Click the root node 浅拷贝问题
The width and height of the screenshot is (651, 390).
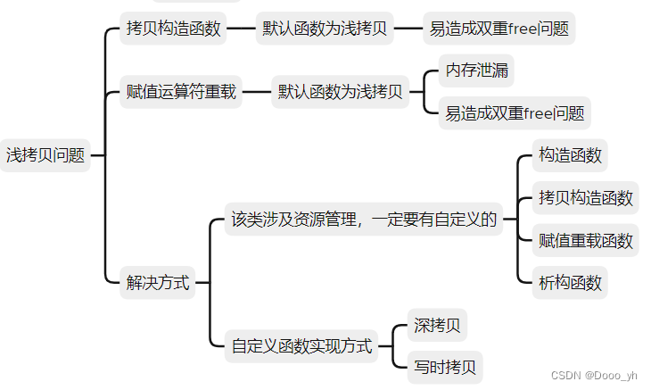[45, 155]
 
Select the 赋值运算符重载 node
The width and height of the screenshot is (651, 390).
[182, 92]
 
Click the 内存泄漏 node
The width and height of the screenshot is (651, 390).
[477, 71]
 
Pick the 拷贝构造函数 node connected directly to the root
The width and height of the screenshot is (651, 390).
[173, 29]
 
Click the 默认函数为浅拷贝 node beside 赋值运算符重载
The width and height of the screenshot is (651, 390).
[340, 92]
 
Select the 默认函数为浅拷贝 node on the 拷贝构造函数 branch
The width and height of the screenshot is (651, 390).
[325, 29]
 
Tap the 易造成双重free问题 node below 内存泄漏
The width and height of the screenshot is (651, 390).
[515, 113]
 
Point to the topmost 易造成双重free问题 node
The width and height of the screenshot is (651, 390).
[499, 29]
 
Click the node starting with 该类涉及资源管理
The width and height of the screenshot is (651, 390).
[363, 220]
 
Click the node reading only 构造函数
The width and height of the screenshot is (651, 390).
[571, 155]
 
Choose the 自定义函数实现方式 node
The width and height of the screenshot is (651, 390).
[301, 346]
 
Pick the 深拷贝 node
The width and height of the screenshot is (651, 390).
[437, 326]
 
